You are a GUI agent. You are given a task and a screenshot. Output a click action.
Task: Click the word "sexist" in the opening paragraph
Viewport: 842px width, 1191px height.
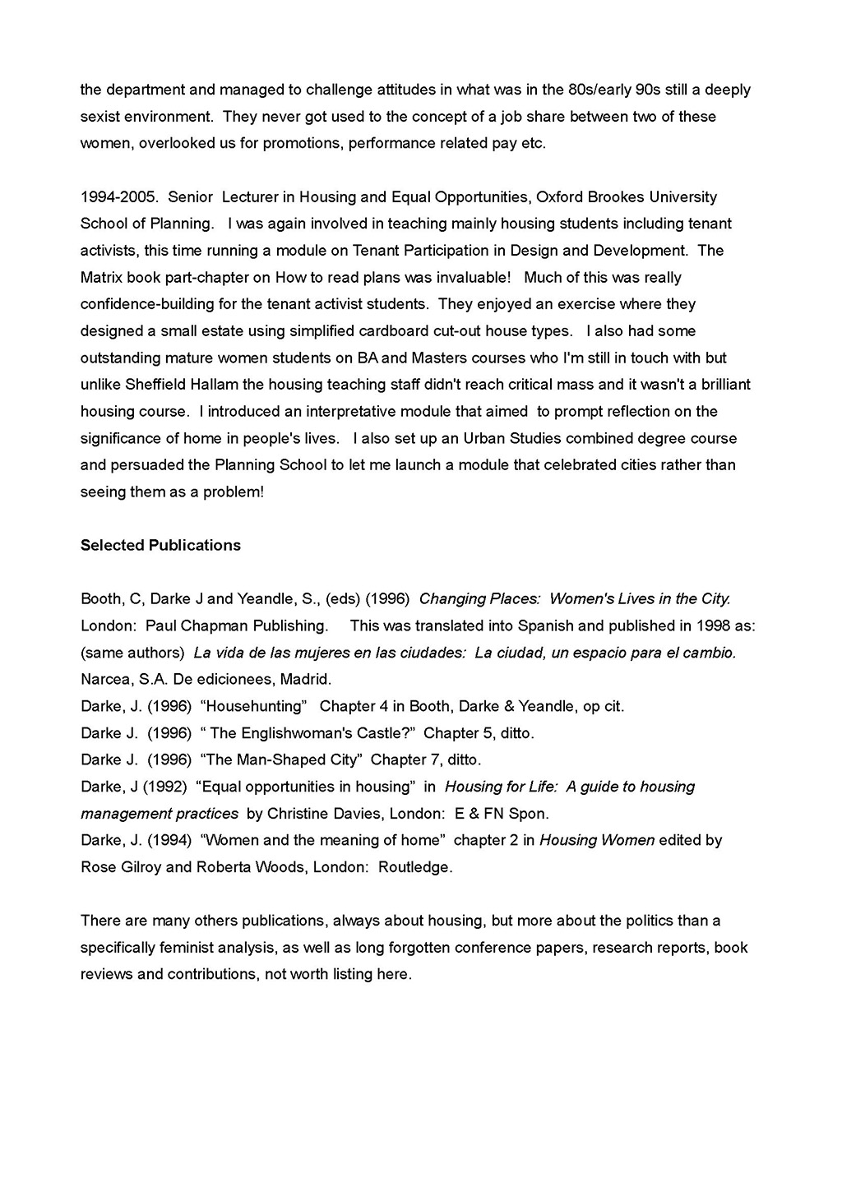[101, 117]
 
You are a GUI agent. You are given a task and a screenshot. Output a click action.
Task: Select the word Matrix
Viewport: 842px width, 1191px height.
[101, 278]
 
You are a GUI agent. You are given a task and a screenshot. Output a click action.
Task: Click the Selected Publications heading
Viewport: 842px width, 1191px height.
[160, 546]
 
